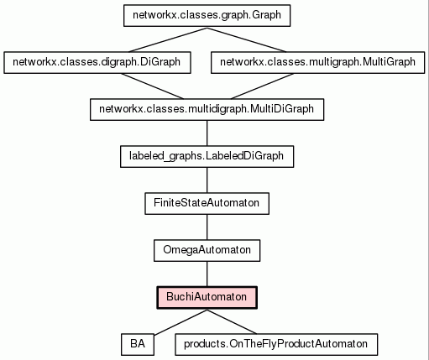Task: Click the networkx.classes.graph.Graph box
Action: pyautogui.click(x=207, y=16)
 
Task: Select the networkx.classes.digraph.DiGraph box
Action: pyautogui.click(x=97, y=63)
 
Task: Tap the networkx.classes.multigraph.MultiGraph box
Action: pyautogui.click(x=317, y=63)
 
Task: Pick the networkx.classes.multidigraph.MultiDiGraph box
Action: pyautogui.click(x=207, y=110)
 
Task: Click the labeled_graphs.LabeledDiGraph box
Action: pyautogui.click(x=207, y=157)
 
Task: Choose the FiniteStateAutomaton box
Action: pyautogui.click(x=207, y=204)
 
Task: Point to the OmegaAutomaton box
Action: pyautogui.click(x=207, y=251)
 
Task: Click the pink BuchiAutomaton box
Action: pyautogui.click(x=207, y=298)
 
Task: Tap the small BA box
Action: pyautogui.click(x=138, y=345)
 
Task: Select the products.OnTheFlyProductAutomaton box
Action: pyautogui.click(x=276, y=345)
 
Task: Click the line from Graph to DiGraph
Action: pyautogui.click(x=168, y=39)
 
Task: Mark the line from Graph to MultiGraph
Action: pyautogui.click(x=247, y=39)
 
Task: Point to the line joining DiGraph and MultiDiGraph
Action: pyautogui.click(x=152, y=86)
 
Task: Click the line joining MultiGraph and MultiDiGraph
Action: pyautogui.click(x=262, y=86)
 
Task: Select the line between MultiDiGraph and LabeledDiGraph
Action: pyautogui.click(x=207, y=133)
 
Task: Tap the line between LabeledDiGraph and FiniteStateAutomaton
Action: pyautogui.click(x=207, y=180)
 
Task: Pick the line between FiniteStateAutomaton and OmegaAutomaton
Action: pyautogui.click(x=207, y=227)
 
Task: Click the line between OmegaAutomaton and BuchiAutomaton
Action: pyautogui.click(x=207, y=274)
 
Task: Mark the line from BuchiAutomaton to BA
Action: pyautogui.click(x=180, y=322)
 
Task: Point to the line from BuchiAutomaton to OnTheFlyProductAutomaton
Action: pyautogui.click(x=232, y=321)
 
